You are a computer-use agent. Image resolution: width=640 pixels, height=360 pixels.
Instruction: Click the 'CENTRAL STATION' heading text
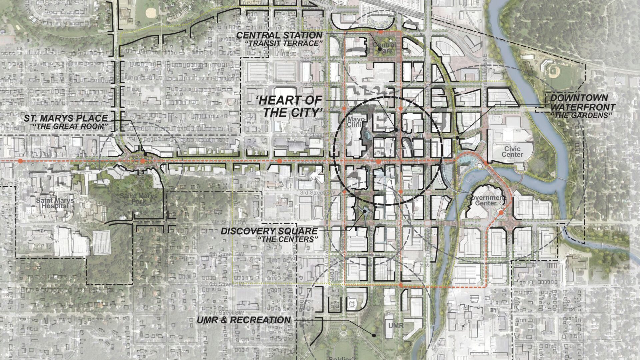[x=279, y=35]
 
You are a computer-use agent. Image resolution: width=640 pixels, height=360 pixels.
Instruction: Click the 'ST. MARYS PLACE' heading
[x=66, y=118]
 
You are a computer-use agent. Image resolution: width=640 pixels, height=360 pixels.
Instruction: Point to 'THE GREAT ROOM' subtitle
[x=71, y=126]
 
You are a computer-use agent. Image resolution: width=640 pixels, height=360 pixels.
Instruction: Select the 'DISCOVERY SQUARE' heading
[x=269, y=231]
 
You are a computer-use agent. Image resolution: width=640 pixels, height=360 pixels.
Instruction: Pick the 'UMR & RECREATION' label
[x=244, y=320]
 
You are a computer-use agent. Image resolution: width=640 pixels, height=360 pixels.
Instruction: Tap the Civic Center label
[x=512, y=152]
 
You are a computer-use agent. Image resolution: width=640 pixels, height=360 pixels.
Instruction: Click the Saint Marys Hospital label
[x=55, y=203]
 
